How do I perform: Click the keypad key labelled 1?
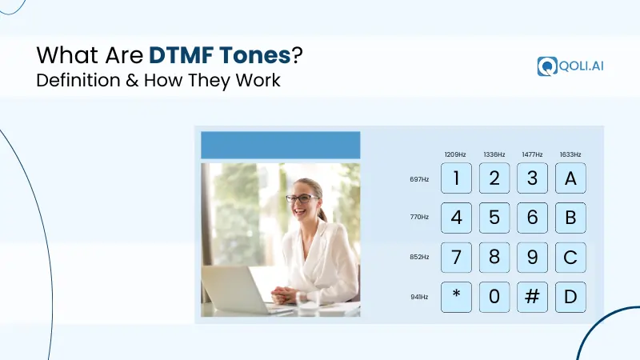point(456,178)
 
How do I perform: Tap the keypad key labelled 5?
point(494,218)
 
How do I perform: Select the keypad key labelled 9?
point(532,258)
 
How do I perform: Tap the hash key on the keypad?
point(532,297)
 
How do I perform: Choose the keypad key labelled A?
point(570,178)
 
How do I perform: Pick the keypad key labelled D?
point(570,297)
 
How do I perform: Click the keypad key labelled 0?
point(494,297)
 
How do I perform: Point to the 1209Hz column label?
point(456,154)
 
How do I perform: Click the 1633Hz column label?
point(570,154)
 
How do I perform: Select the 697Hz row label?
point(419,179)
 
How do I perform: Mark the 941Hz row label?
point(419,297)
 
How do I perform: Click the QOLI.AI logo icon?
point(548,66)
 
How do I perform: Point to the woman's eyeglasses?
point(301,198)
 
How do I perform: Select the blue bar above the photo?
point(280,145)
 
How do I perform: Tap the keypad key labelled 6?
point(532,218)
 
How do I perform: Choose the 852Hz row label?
point(419,258)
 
